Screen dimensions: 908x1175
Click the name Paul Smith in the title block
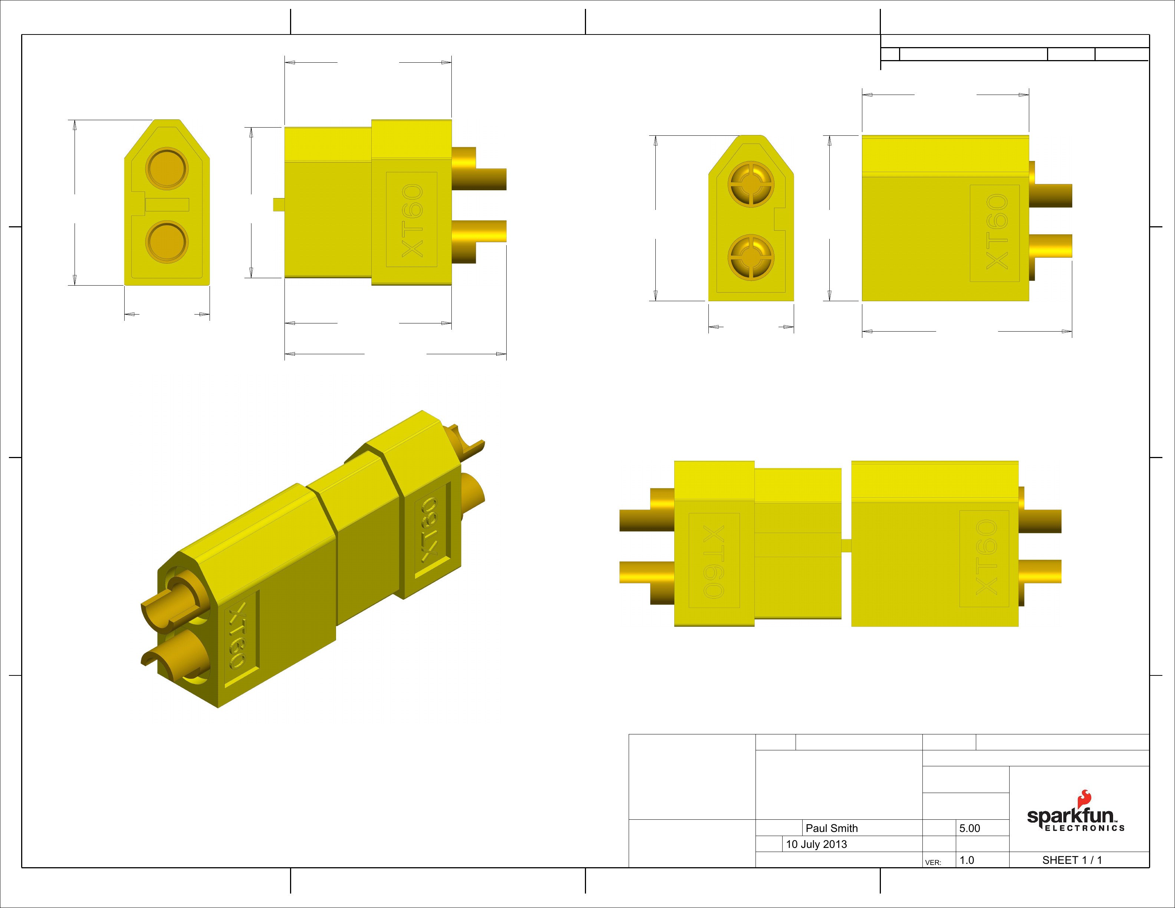[x=831, y=828]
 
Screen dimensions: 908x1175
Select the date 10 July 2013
[x=816, y=844]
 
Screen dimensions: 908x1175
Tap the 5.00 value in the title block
[x=970, y=828]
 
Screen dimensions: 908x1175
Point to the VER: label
[x=933, y=862]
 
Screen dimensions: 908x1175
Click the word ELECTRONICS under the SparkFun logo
[x=1085, y=828]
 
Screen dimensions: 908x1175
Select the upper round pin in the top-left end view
[x=167, y=168]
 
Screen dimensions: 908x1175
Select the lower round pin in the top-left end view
[x=167, y=242]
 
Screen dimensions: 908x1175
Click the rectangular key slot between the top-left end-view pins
[x=167, y=204]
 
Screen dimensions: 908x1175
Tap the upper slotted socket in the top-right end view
[x=751, y=184]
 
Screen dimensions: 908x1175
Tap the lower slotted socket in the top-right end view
[x=751, y=257]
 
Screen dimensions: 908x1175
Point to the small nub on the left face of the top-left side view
[x=278, y=204]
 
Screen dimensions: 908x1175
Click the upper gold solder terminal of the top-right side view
[x=1050, y=195]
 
